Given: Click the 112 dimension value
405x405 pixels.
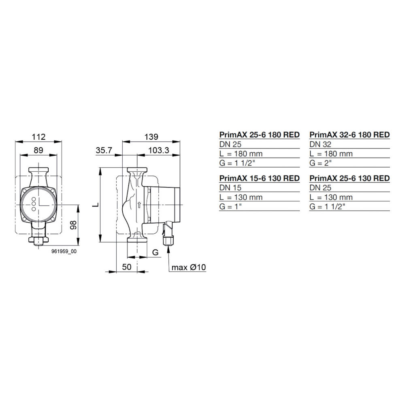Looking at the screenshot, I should coord(38,136).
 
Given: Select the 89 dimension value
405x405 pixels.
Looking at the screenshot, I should coord(38,150).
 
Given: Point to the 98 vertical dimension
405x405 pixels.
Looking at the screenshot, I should coord(73,225).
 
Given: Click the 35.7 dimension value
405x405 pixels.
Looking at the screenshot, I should coord(104,150).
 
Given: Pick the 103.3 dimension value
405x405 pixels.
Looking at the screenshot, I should coord(158,150).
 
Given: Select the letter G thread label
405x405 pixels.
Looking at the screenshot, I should coord(155,252).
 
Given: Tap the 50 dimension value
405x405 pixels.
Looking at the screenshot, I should coord(127,267).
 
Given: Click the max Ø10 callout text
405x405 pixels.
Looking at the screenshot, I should coord(189,267).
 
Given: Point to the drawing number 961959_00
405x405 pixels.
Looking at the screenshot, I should coord(64,252).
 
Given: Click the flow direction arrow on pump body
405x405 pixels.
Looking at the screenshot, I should coord(139,205).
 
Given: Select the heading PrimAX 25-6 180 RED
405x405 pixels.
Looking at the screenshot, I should coord(259,134).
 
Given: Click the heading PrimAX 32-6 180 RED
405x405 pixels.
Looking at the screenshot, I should coord(350,134).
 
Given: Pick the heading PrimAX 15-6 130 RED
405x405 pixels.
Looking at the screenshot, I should coord(259,178).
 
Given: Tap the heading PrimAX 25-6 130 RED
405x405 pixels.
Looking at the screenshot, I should coord(350,178).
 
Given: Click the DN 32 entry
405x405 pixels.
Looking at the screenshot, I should coord(320,144).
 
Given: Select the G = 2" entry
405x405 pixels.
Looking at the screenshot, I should coord(321,163).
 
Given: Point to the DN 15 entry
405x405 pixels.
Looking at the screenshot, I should coord(230,188).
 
